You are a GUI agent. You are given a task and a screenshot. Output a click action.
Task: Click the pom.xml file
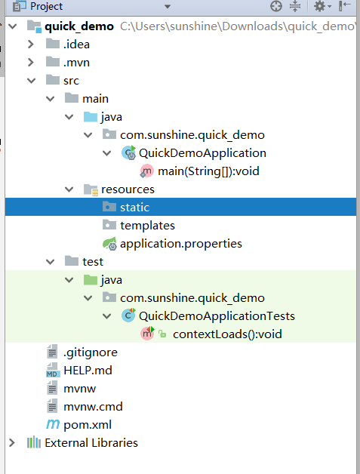click(88, 425)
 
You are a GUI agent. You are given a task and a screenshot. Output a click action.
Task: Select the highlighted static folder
click(134, 208)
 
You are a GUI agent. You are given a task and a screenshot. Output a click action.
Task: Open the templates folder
click(147, 226)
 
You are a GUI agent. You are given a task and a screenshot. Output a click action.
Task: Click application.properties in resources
click(181, 244)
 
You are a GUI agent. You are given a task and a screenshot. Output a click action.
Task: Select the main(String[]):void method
click(208, 171)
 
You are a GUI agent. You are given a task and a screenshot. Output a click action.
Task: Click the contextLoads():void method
click(227, 334)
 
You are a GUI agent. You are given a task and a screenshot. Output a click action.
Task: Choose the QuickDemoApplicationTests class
click(217, 316)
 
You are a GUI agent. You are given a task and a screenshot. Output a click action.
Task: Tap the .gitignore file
click(90, 352)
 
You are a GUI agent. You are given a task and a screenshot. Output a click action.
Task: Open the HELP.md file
click(88, 371)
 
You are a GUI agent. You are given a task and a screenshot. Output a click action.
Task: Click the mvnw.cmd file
click(93, 407)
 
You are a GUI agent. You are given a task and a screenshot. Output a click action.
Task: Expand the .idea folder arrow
click(30, 45)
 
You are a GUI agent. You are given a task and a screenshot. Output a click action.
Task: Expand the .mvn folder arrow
click(30, 63)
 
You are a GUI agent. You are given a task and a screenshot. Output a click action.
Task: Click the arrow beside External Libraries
click(12, 443)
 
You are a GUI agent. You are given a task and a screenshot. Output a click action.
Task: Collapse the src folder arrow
click(31, 81)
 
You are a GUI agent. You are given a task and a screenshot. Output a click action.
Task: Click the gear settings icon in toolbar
click(320, 6)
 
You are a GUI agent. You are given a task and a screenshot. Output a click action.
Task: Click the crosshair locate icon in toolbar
click(276, 6)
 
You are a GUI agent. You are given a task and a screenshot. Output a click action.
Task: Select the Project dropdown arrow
click(168, 6)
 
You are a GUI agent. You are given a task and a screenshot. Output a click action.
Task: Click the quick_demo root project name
click(79, 26)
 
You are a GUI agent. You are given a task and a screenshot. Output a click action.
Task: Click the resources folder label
click(128, 189)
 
